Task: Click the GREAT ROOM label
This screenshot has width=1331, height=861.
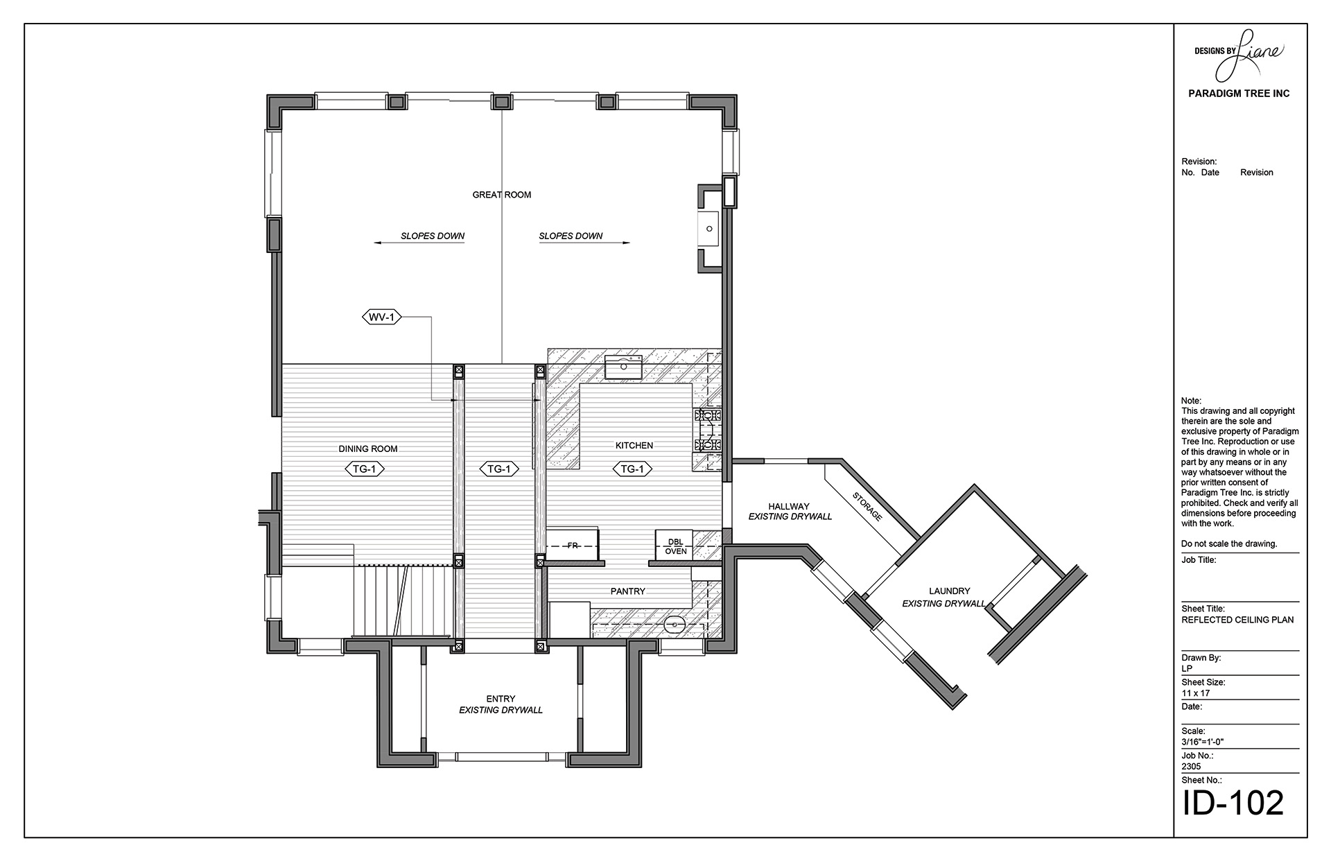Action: pos(501,195)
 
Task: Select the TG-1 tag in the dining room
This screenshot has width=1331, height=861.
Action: pos(364,469)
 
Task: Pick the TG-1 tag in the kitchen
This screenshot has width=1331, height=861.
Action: pos(632,469)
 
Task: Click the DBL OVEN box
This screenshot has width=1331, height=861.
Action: pos(675,546)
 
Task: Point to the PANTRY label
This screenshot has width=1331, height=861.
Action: pos(628,591)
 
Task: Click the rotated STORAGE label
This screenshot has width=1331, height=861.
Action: pos(867,506)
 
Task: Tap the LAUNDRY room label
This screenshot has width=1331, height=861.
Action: pos(949,591)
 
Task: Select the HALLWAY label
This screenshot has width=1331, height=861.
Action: pos(789,506)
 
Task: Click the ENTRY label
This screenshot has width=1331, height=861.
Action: pos(501,699)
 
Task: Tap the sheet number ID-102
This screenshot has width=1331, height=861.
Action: pos(1233,803)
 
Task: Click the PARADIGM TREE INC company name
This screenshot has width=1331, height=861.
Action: pos(1239,94)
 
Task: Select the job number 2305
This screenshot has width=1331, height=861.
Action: pos(1191,767)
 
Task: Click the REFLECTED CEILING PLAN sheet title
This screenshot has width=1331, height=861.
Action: pos(1237,620)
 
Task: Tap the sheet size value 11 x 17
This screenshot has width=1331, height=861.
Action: pos(1195,693)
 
